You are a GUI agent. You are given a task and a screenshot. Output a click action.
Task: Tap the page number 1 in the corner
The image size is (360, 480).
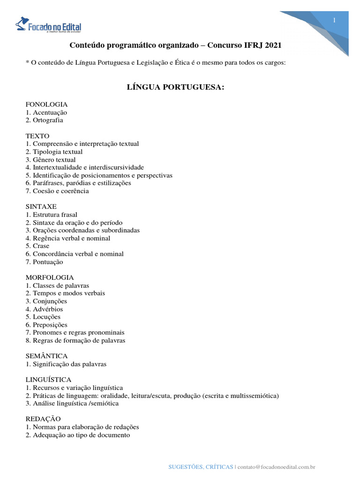334,20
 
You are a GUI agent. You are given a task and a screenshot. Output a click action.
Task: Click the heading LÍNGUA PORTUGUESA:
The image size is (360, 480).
176,87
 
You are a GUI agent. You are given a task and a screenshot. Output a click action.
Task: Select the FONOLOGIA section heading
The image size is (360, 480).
47,105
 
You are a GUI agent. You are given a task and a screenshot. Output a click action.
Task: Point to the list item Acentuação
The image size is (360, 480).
46,112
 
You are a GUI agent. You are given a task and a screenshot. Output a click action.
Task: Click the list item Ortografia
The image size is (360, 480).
45,120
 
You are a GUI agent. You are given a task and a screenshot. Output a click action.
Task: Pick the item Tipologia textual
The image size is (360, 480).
54,152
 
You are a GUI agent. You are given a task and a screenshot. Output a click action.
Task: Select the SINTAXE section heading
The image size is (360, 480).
41,207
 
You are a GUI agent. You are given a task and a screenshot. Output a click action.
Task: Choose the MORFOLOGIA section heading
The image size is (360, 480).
50,277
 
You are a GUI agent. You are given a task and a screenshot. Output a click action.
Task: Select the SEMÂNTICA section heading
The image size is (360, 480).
47,356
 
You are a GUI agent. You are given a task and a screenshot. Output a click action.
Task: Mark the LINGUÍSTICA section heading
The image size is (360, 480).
49,380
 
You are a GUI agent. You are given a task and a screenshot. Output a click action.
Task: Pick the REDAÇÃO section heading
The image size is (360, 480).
43,419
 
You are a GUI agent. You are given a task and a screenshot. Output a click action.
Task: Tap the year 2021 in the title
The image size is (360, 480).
274,45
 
